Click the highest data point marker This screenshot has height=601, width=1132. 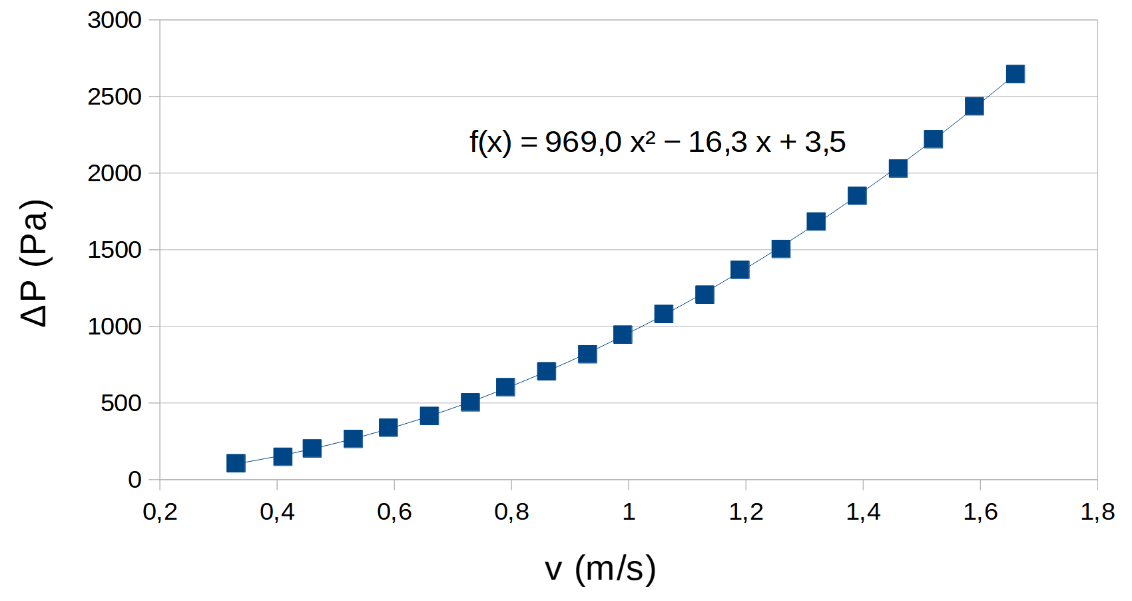tap(1015, 73)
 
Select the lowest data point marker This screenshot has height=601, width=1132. tap(236, 463)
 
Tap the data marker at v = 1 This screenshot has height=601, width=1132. tap(623, 334)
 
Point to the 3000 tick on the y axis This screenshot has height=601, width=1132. tap(115, 20)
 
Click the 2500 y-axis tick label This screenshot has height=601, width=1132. tap(115, 97)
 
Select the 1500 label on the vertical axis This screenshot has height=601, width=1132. tap(115, 250)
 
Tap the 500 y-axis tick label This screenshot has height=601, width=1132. tap(121, 403)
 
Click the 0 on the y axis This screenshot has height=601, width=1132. tap(135, 480)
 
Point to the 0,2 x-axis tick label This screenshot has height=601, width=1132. tap(160, 512)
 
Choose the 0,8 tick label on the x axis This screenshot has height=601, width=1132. tap(511, 512)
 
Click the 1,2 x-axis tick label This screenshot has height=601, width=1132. tap(746, 512)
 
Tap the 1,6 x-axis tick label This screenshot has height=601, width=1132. tap(980, 512)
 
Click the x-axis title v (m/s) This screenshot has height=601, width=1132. tap(600, 568)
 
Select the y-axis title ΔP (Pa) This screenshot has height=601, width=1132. tap(35, 263)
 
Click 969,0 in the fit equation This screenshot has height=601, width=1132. tap(583, 142)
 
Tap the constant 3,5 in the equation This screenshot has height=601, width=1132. tap(825, 142)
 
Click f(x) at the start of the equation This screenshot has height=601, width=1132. tap(490, 142)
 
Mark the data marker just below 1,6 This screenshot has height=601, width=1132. tap(974, 106)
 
